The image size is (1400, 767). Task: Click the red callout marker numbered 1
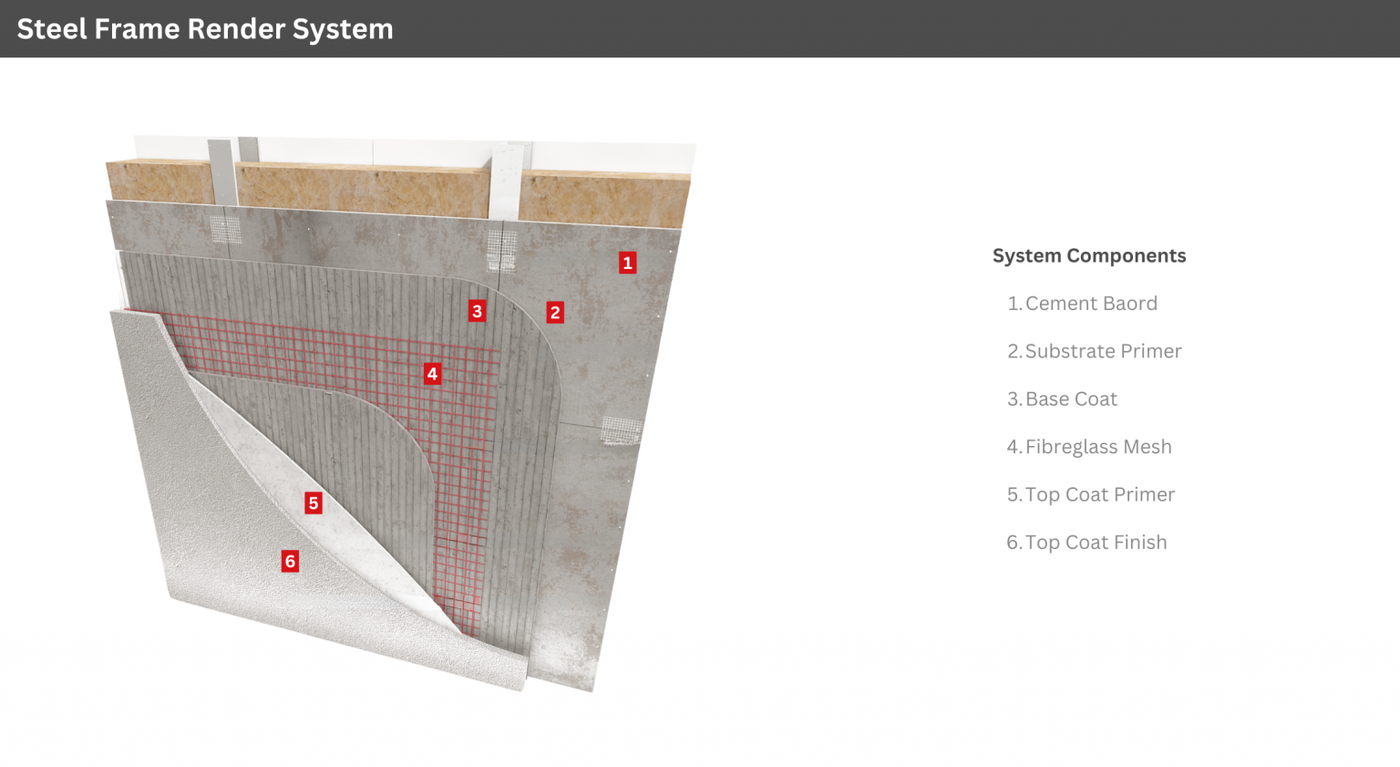pyautogui.click(x=627, y=263)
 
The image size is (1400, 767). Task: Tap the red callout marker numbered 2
pyautogui.click(x=555, y=313)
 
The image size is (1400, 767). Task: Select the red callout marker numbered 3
pyautogui.click(x=477, y=311)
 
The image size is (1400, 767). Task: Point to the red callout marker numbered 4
pyautogui.click(x=432, y=374)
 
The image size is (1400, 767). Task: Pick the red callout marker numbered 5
pyautogui.click(x=314, y=503)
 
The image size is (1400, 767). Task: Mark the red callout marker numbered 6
pyautogui.click(x=290, y=561)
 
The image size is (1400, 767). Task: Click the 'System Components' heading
pyautogui.click(x=1088, y=256)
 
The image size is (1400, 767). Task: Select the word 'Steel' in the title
pyautogui.click(x=53, y=29)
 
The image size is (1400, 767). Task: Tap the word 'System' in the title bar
pyautogui.click(x=343, y=29)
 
